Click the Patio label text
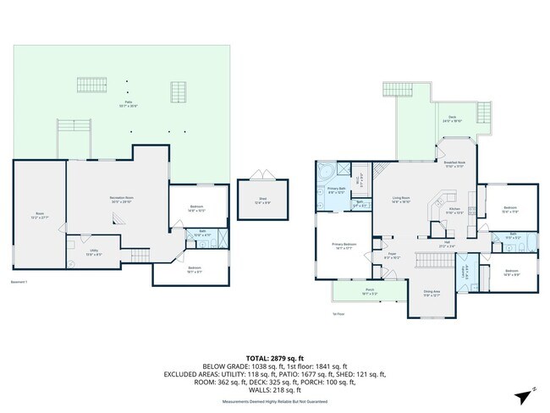pyautogui.click(x=127, y=103)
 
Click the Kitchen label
pyautogui.click(x=454, y=209)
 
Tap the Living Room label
pyautogui.click(x=401, y=200)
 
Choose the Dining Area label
pyautogui.click(x=432, y=293)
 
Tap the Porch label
pyautogui.click(x=346, y=291)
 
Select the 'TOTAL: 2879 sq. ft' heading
pyautogui.click(x=274, y=359)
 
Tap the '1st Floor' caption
pyautogui.click(x=338, y=312)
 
